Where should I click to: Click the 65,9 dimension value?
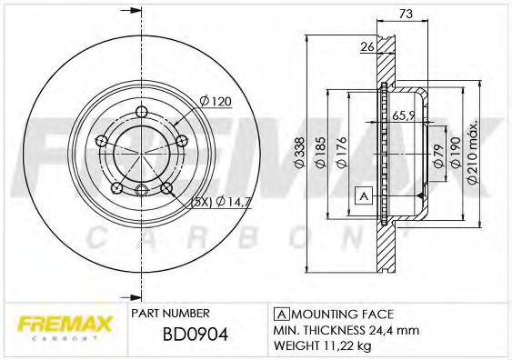pyautogui.click(x=404, y=115)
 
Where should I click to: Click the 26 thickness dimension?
pyautogui.click(x=367, y=47)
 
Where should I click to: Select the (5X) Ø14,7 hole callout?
pyautogui.click(x=214, y=202)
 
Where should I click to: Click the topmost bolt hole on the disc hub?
pyautogui.click(x=141, y=113)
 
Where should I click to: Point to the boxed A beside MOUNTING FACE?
pyautogui.click(x=282, y=312)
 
